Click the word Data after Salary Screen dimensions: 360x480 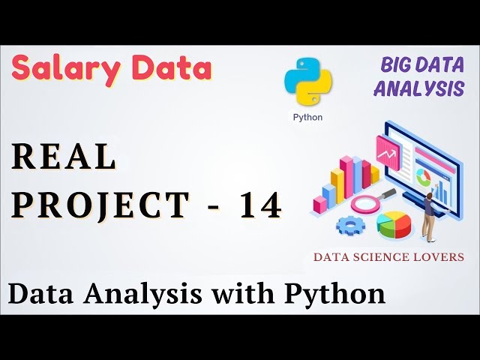click(173, 69)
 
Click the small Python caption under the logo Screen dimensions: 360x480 click(307, 117)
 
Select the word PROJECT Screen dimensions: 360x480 click(100, 205)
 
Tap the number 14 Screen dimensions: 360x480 click(261, 205)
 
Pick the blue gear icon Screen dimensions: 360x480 click(349, 224)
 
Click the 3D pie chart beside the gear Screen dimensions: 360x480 click(395, 224)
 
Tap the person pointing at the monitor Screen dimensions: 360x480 click(430, 212)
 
